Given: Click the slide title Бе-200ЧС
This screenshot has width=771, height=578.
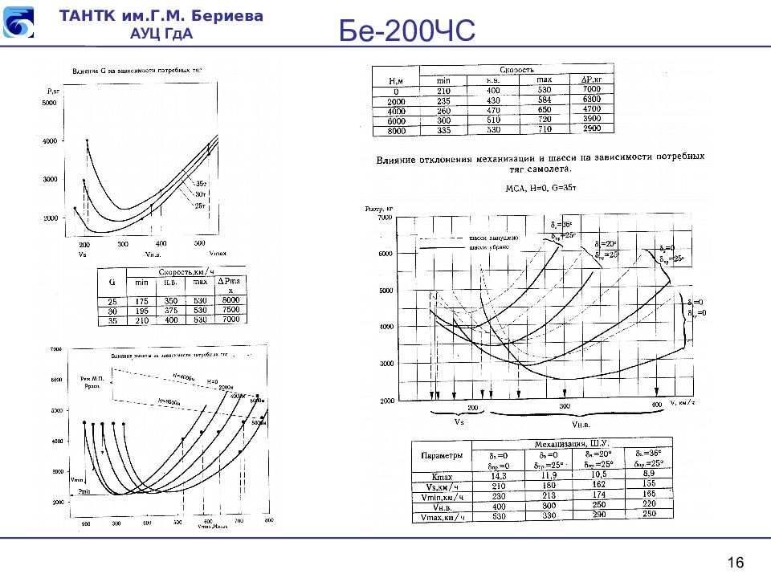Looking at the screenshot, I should pyautogui.click(x=407, y=33).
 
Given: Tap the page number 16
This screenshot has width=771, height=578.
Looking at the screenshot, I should pyautogui.click(x=736, y=561).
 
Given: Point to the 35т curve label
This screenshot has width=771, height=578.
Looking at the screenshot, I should pyautogui.click(x=202, y=185).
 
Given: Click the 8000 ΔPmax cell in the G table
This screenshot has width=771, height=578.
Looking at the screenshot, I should pyautogui.click(x=231, y=300).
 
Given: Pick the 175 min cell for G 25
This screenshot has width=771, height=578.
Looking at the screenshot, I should pyautogui.click(x=141, y=301).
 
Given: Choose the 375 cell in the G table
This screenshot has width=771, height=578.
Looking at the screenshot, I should pyautogui.click(x=170, y=310).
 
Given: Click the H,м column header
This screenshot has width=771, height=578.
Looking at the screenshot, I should pyautogui.click(x=395, y=80).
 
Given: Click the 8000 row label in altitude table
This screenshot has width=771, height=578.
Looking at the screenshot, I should pyautogui.click(x=396, y=129).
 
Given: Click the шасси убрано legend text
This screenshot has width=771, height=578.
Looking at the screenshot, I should pyautogui.click(x=493, y=247).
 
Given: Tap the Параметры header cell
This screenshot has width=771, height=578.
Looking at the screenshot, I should pyautogui.click(x=441, y=455).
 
